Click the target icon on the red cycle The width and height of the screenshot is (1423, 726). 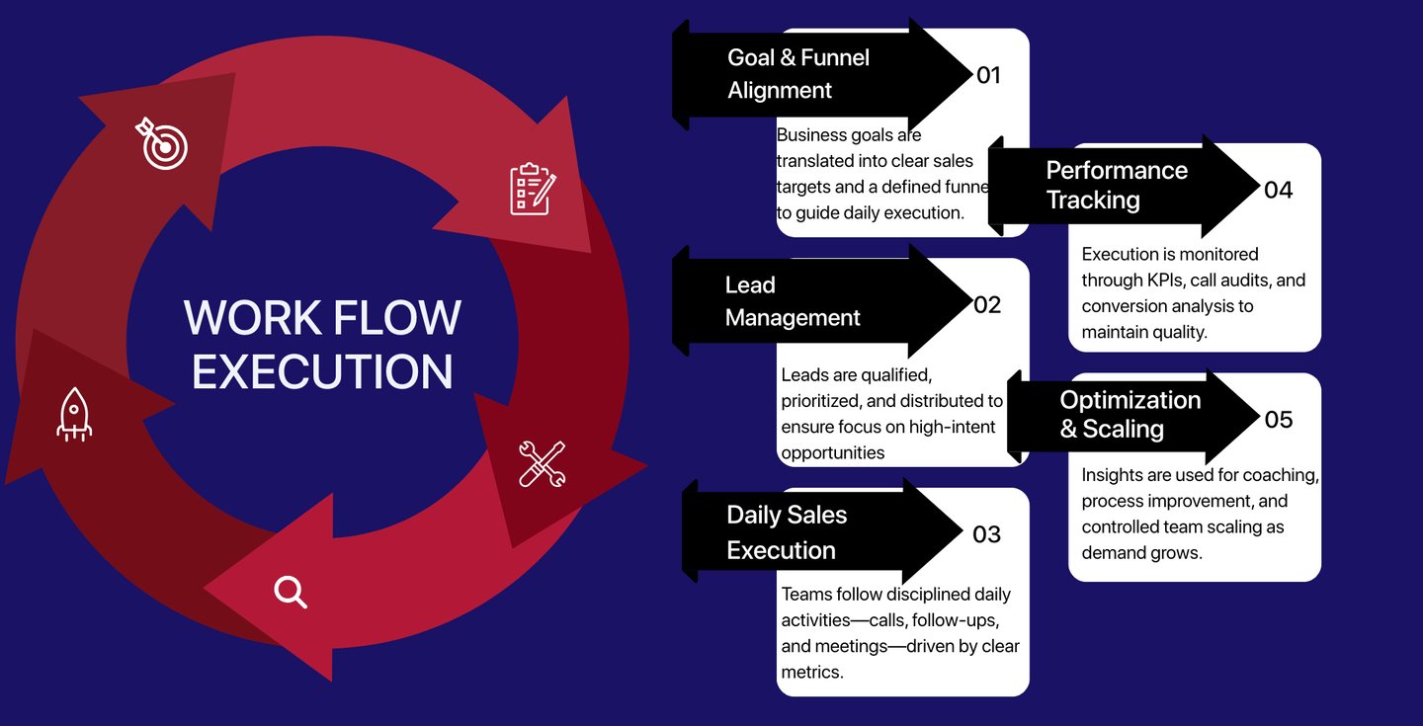tap(161, 144)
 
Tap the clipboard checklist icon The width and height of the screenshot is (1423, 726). tap(532, 189)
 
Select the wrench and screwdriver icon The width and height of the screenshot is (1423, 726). tap(543, 463)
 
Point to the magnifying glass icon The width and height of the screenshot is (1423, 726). tap(291, 592)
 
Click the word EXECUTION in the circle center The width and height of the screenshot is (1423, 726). tap(322, 370)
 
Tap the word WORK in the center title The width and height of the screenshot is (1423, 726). tap(253, 318)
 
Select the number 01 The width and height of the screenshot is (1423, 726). tap(988, 75)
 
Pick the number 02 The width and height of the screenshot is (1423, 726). tap(987, 305)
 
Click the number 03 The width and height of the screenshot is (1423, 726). tap(987, 534)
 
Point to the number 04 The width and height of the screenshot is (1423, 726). tap(1278, 190)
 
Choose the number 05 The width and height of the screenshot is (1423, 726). tap(1278, 420)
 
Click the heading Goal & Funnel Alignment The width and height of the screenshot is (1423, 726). tap(798, 74)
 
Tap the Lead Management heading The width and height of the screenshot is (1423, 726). tap(793, 301)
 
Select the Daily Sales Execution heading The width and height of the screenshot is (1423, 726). tap(787, 532)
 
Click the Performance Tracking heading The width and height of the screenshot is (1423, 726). tap(1117, 185)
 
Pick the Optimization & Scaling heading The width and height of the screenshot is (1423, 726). tap(1130, 414)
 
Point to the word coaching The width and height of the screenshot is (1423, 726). tap(1283, 475)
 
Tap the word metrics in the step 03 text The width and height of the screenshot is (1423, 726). tap(811, 673)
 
